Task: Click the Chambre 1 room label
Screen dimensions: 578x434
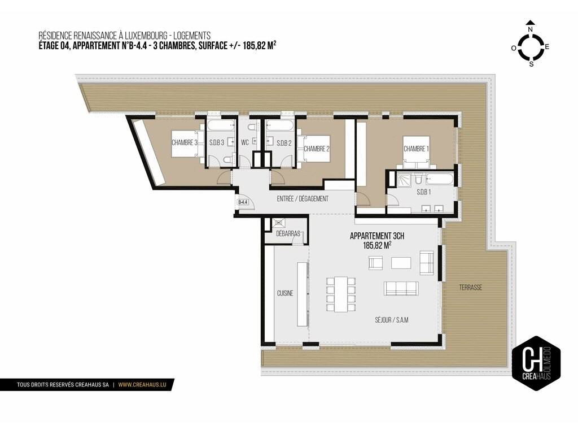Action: [416, 149]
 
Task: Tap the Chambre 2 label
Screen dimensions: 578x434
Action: [316, 149]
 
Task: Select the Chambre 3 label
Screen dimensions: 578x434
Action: [185, 142]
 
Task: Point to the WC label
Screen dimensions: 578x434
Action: [245, 142]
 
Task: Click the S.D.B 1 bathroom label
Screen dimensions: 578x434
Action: [423, 192]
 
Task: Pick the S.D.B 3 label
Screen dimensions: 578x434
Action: [217, 142]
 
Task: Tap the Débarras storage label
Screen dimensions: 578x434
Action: [288, 233]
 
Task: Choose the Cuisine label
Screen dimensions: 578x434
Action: [285, 293]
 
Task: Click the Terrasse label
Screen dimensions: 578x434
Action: [471, 288]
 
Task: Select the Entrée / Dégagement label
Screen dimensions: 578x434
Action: [303, 199]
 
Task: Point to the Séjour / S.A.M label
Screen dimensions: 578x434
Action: [392, 320]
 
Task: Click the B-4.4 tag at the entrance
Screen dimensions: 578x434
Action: [243, 202]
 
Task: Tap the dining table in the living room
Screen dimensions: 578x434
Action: [340, 294]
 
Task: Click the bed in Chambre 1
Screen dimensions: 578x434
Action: [416, 153]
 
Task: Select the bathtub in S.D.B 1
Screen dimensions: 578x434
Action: [439, 180]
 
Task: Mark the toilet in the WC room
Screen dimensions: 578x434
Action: [251, 128]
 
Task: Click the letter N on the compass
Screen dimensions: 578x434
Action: [531, 29]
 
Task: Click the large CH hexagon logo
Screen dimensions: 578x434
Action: [536, 363]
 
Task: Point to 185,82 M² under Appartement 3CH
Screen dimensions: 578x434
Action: [377, 245]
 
